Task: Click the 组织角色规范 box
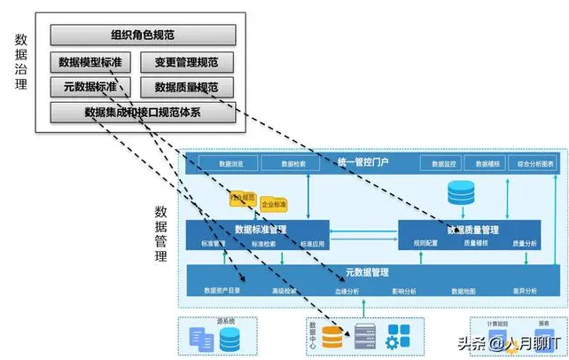pos(143,35)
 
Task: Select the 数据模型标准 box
pos(90,63)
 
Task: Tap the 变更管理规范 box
pos(187,63)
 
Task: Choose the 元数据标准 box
pos(90,88)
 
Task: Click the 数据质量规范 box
pos(187,88)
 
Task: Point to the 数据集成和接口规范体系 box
pos(143,113)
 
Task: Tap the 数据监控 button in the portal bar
pos(443,164)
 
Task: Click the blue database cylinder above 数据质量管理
pos(461,192)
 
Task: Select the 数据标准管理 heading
pos(257,229)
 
